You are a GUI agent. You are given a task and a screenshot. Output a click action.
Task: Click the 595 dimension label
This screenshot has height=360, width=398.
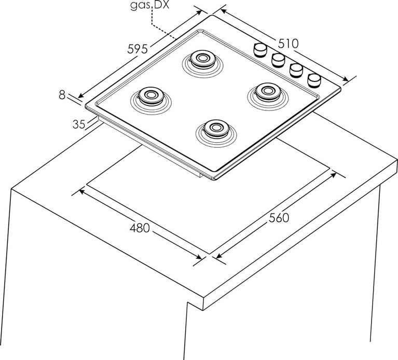point(139,49)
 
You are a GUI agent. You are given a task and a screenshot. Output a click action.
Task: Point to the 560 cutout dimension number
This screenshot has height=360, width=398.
point(279,218)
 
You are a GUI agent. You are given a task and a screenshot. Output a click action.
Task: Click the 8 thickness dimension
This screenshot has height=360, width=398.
point(62,94)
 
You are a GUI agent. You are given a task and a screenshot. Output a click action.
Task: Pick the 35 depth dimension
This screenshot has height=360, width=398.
point(78,124)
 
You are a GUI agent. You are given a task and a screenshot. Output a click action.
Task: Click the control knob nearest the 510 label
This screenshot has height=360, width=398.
point(260,49)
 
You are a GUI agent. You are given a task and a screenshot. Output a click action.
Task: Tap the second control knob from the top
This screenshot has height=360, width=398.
point(278,59)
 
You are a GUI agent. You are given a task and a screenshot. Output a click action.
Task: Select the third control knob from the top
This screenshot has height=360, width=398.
point(296,69)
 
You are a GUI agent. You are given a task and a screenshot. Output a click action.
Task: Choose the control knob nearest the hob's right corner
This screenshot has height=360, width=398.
point(314,79)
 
